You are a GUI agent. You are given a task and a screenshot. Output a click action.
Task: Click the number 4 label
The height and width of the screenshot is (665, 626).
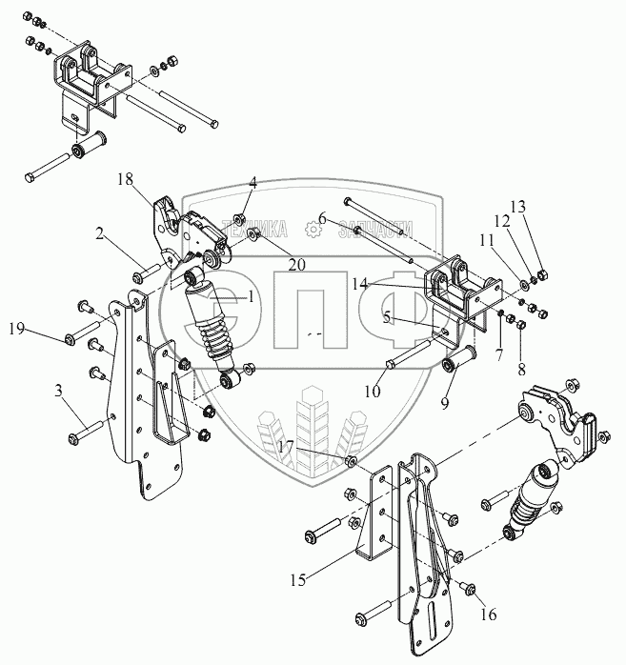(x=253, y=181)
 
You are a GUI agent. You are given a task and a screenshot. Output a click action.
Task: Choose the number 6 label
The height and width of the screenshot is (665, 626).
(x=322, y=219)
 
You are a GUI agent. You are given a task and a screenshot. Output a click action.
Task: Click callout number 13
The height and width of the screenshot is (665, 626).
(x=517, y=207)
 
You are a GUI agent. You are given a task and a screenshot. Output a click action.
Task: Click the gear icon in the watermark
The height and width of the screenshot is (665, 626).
(x=312, y=229)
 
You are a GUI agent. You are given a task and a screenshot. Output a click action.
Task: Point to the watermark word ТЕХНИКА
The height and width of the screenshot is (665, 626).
(x=254, y=229)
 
